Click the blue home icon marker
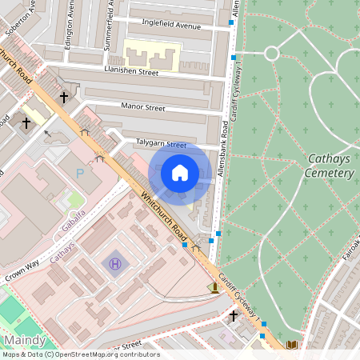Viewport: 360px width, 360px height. pos(180,173)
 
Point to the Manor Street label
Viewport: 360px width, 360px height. pos(142,107)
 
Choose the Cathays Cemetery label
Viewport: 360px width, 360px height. pos(330,166)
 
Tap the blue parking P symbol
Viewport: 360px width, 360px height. pos(79,173)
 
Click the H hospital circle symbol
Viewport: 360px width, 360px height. pos(115,262)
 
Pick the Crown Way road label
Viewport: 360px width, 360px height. pos(22,270)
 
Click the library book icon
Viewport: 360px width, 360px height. pos(291,345)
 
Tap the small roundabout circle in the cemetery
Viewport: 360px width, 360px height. pos(271,54)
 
